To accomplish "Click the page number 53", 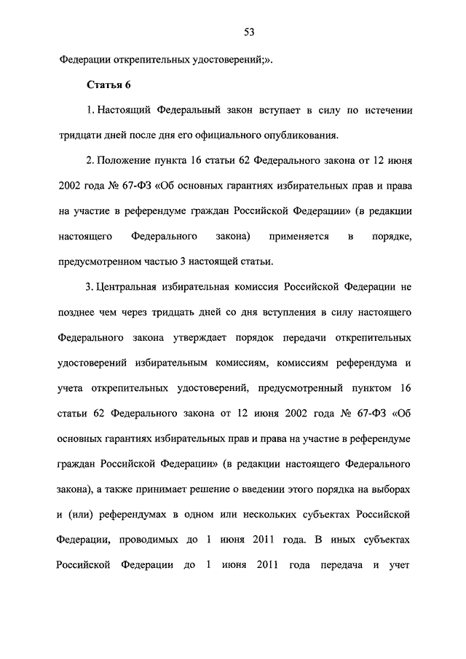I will point(249,31).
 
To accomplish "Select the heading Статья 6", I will point(108,85).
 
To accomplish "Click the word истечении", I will point(387,111).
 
